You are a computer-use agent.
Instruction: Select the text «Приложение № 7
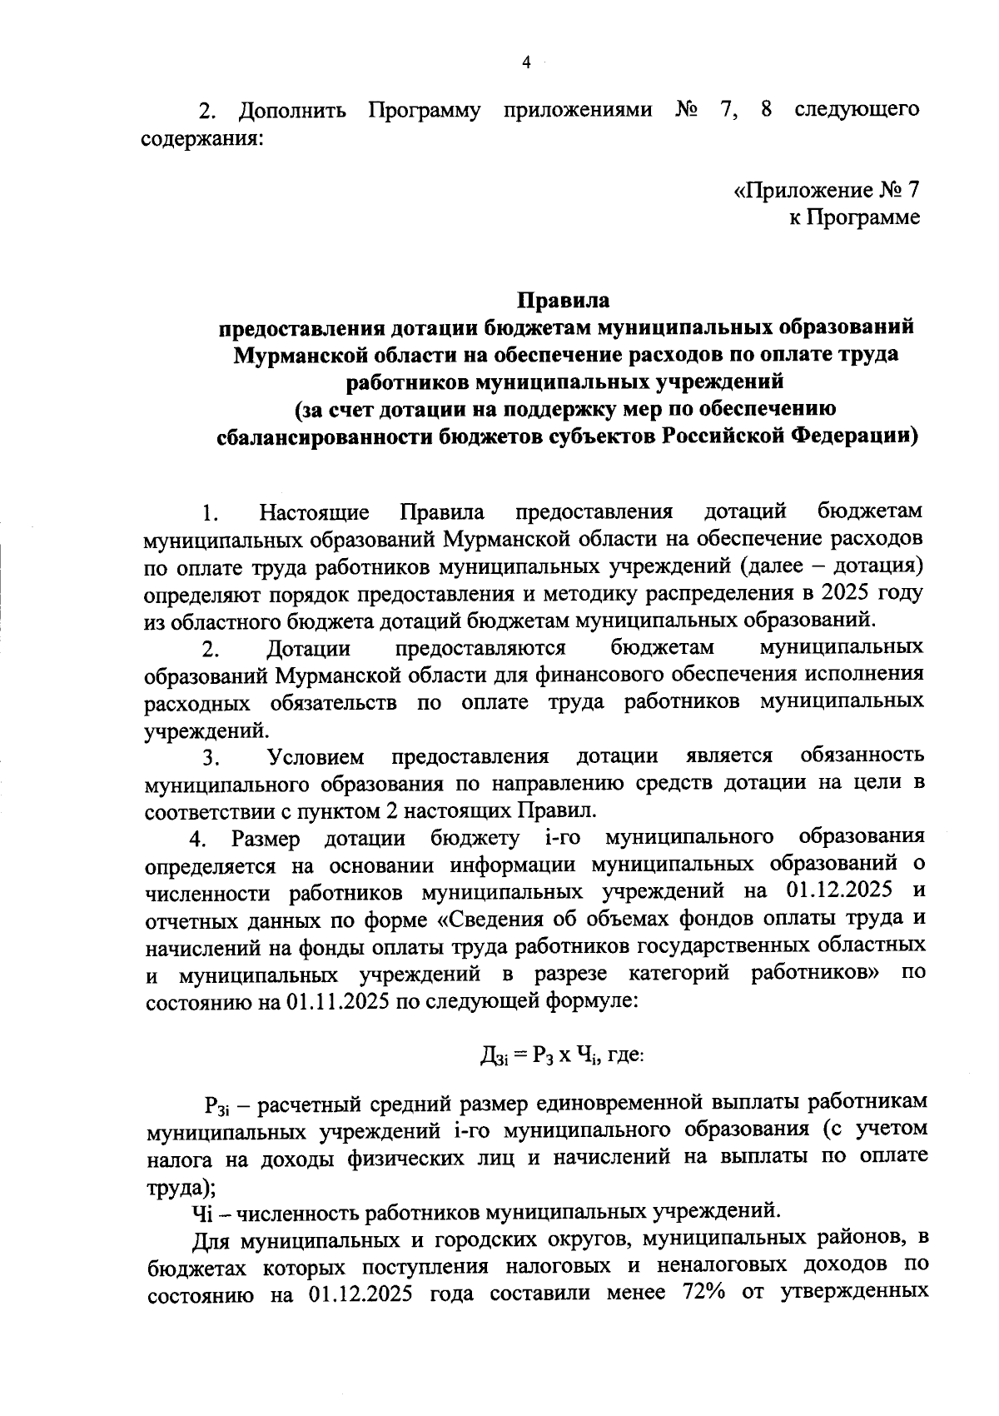(x=826, y=190)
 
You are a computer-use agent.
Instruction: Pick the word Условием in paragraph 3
(x=316, y=756)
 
